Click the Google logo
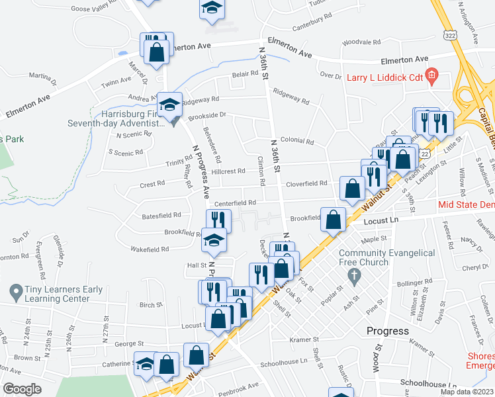[22, 389]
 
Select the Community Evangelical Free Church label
[387, 258]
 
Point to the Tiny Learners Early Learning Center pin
[15, 290]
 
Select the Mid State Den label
[466, 204]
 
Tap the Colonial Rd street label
[296, 141]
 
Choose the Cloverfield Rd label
[306, 183]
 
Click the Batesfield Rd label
[161, 216]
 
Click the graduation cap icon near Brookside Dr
[168, 105]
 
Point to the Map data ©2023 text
[467, 391]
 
